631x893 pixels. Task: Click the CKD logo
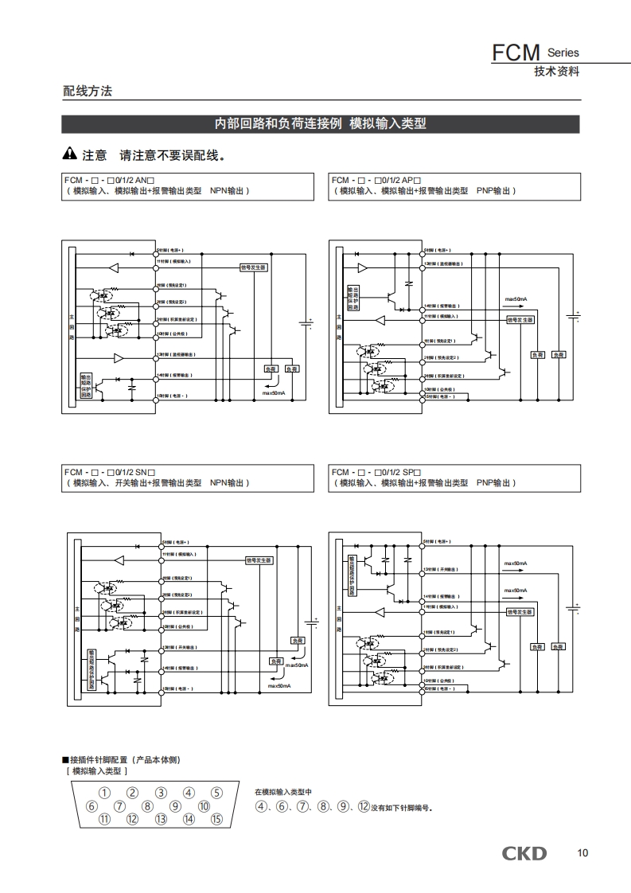524,853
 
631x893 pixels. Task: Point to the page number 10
582,853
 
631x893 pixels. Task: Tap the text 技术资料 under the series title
556,71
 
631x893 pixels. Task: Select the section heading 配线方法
88,91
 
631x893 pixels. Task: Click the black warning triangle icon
70,154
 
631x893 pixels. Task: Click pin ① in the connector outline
104,792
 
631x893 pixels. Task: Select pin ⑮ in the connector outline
216,819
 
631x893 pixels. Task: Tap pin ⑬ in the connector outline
161,819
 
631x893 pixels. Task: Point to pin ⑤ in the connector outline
216,792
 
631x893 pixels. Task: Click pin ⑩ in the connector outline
204,805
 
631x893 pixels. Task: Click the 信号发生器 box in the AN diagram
253,267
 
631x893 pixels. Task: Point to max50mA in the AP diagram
516,299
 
